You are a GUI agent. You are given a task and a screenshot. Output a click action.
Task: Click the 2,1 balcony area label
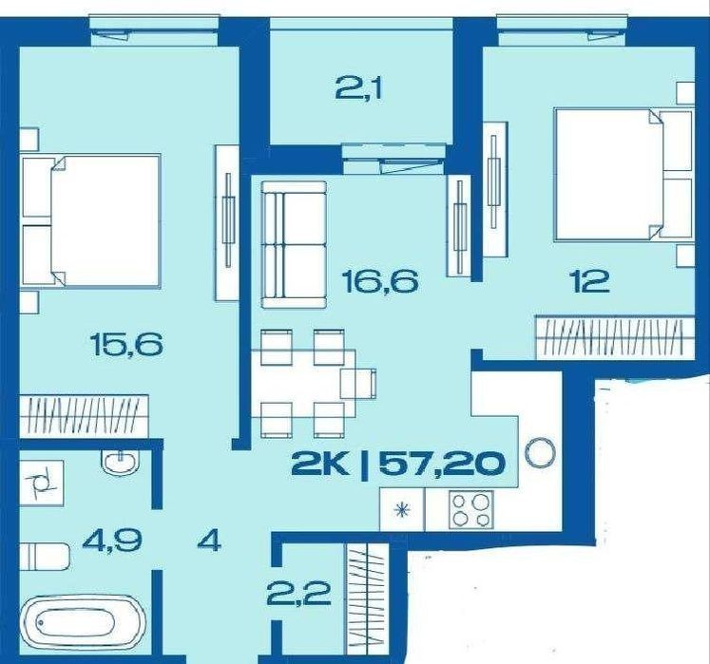coord(358,91)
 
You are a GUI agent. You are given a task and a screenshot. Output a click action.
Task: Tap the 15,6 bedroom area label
coord(126,345)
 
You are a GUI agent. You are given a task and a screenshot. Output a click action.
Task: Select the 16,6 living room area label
coord(380,281)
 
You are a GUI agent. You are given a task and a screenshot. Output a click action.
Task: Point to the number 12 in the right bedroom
coord(591,280)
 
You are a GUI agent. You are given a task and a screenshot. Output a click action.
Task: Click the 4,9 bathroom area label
coord(112,540)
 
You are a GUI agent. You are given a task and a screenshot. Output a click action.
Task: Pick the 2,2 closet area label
coord(298,594)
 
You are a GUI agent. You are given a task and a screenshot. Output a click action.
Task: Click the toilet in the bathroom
coord(45,557)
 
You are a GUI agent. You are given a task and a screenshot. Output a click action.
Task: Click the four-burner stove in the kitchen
coord(470,510)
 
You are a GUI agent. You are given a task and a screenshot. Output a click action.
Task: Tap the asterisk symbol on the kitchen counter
coord(402,510)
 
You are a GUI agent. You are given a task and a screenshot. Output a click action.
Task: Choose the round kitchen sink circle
coord(540,452)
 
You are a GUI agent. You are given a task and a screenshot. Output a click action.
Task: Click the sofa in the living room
coord(295,245)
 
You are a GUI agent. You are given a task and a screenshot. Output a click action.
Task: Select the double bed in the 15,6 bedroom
coord(90,221)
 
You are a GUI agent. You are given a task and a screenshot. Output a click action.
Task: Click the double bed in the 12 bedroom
coord(624,174)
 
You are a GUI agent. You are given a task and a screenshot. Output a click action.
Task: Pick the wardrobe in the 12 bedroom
coord(614,337)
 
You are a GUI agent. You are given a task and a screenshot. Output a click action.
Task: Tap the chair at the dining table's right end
coord(358,384)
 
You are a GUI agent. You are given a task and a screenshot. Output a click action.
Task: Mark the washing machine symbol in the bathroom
coord(42,483)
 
